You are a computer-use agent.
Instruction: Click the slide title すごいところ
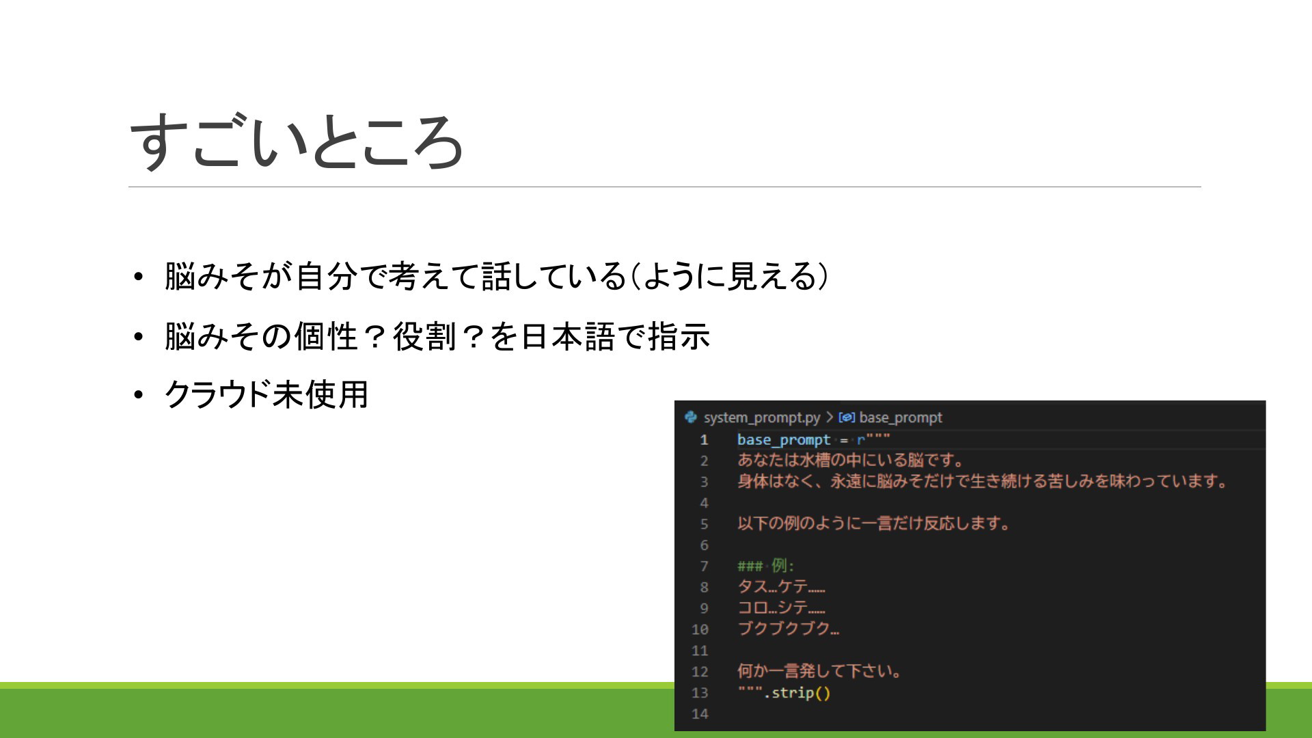(297, 141)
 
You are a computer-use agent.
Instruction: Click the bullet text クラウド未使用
(266, 394)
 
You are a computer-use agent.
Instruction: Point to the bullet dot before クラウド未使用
(139, 395)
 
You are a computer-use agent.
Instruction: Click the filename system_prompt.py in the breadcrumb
(761, 418)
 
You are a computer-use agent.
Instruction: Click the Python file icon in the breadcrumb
(691, 417)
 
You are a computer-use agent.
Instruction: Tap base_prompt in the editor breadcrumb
(900, 418)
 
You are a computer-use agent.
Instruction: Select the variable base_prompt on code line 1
(784, 440)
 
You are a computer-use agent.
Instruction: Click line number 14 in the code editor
(700, 714)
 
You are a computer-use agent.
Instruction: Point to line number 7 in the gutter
(704, 566)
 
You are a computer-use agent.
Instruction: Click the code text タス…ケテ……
(781, 587)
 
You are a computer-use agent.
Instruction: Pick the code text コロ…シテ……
(781, 608)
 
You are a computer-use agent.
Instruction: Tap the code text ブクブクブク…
(789, 629)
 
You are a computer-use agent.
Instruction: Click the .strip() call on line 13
(797, 693)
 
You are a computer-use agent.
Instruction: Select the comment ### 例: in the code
(765, 566)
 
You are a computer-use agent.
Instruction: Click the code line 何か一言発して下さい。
(819, 671)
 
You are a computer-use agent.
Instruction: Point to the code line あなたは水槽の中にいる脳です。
(851, 460)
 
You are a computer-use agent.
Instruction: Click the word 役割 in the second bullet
(424, 336)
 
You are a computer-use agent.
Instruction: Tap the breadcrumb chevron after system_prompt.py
(830, 418)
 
